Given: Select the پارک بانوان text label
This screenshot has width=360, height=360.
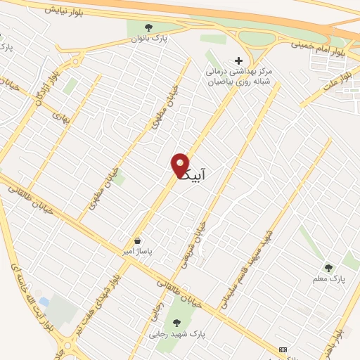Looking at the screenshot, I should pyautogui.click(x=147, y=39).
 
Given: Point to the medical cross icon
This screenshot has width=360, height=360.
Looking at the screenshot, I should pyautogui.click(x=238, y=61).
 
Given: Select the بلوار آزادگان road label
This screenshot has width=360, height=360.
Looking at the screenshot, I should pyautogui.click(x=40, y=93).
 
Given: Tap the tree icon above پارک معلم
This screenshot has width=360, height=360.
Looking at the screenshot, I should pyautogui.click(x=328, y=267).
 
